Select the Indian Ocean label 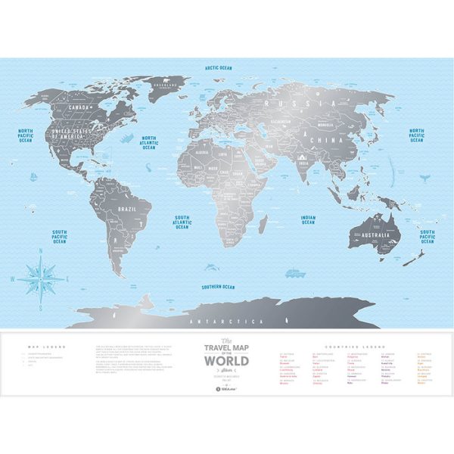coord(307,219)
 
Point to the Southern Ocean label coord(218,287)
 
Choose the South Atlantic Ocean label coord(182,220)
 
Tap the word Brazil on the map coord(126,207)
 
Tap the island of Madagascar coord(263,224)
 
